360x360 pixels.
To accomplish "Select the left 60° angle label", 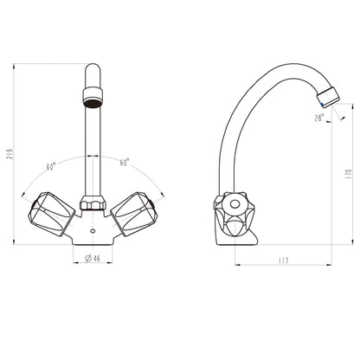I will coord(54,164).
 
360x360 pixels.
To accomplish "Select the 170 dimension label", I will coord(348,173).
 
